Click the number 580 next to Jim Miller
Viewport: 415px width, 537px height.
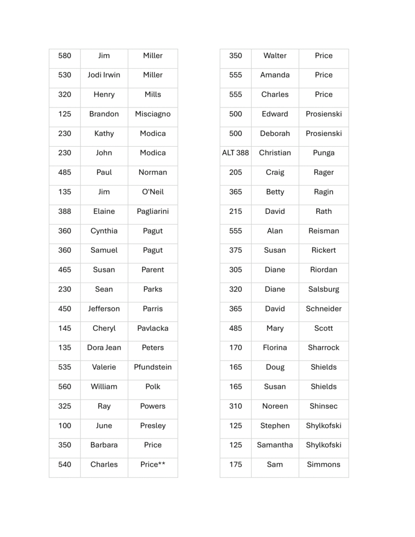pos(65,56)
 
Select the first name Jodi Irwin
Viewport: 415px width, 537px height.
pos(104,75)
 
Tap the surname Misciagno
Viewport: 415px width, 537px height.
pos(153,114)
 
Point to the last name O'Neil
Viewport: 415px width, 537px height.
pos(153,192)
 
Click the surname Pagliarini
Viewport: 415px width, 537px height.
pos(153,211)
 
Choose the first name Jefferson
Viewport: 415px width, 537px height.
pos(104,309)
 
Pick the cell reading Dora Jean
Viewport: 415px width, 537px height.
pos(104,348)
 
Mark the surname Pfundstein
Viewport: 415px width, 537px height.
pos(153,367)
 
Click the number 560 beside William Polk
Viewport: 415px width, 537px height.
pos(65,386)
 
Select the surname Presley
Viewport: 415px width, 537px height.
pos(153,426)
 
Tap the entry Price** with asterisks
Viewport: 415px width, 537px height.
pos(153,465)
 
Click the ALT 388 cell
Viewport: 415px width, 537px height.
pos(236,153)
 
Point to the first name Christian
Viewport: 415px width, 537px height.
pos(275,153)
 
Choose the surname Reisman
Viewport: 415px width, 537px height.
pos(324,231)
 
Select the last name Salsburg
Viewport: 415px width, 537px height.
pos(324,289)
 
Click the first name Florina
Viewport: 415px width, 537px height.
pos(275,348)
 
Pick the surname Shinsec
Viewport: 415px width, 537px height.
pos(324,406)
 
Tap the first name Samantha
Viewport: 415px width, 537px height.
pos(275,445)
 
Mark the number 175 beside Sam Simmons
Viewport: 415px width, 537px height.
pos(236,465)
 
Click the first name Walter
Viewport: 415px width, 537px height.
pos(275,56)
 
